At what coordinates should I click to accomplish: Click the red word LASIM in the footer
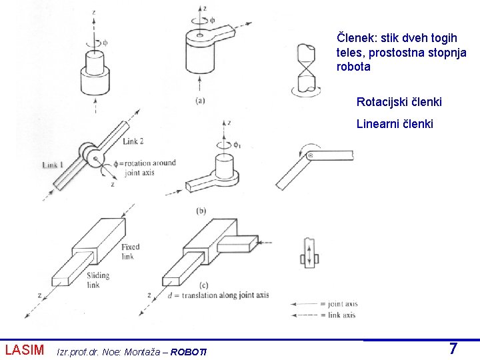[25, 350]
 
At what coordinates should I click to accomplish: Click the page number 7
[453, 349]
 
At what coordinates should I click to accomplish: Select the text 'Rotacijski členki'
[399, 102]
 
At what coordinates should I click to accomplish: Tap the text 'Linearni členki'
[395, 124]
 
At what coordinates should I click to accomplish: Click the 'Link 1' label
[53, 165]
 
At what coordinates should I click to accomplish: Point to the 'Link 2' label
[133, 141]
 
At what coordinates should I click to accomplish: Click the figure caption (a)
[200, 101]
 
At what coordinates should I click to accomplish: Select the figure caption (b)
[201, 211]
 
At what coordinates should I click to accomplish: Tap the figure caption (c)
[203, 285]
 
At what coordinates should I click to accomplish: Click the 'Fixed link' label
[131, 251]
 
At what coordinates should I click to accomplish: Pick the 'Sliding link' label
[98, 280]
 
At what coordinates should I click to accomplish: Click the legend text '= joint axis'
[339, 304]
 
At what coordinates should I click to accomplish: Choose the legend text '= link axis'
[338, 315]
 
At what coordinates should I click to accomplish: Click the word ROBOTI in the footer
[188, 352]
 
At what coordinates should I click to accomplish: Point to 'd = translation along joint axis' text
[218, 295]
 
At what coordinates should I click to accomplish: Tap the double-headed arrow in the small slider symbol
[309, 255]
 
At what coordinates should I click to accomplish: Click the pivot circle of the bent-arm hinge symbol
[311, 155]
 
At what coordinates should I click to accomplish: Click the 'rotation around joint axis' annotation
[145, 167]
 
